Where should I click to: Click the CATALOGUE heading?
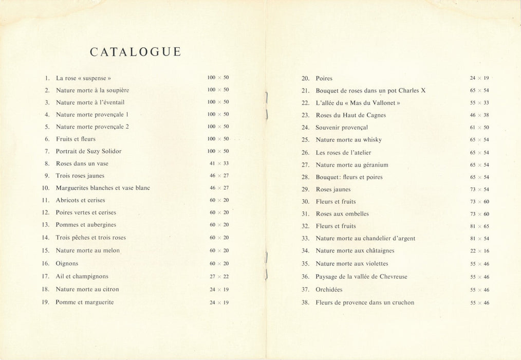tap(135, 52)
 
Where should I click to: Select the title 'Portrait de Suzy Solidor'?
tap(88, 151)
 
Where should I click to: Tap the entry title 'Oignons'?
tap(67, 263)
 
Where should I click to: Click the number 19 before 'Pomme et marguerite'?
tap(45, 302)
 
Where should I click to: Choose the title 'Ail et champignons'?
tap(82, 276)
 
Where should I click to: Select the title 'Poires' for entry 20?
tap(324, 79)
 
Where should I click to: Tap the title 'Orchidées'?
tap(329, 290)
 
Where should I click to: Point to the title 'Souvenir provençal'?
tap(342, 128)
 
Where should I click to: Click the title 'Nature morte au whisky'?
tap(348, 140)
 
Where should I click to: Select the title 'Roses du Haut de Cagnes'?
tap(350, 115)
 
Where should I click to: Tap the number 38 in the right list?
tap(305, 303)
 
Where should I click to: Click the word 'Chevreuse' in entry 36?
tap(393, 277)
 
